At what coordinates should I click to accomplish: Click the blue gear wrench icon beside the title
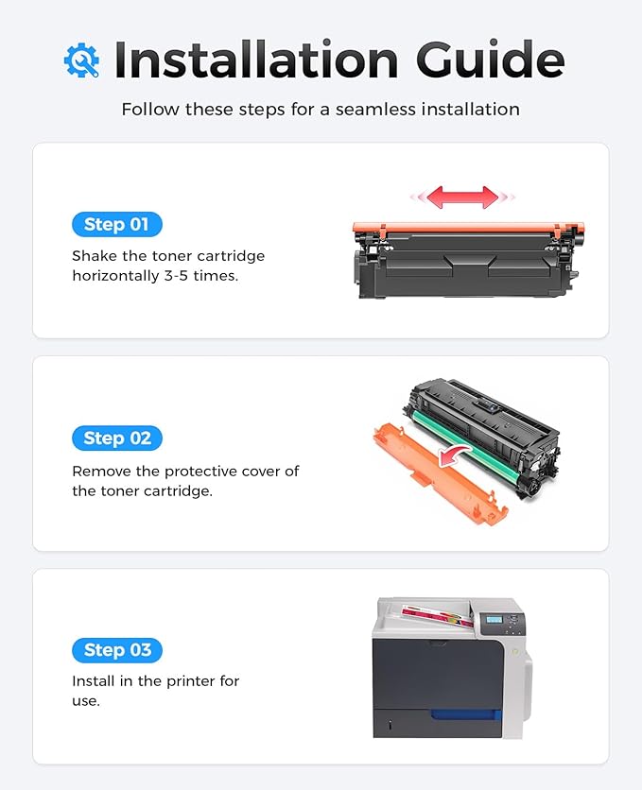point(81,60)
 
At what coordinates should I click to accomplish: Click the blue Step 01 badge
point(117,225)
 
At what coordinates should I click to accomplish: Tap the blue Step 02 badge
point(117,438)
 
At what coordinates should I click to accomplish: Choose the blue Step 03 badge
point(117,650)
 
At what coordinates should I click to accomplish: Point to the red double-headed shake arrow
point(462,197)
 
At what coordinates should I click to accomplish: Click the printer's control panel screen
point(492,623)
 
